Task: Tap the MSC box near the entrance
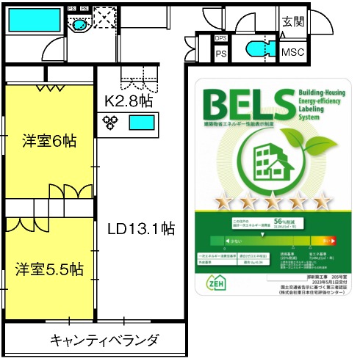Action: point(294,53)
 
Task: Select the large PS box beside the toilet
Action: point(220,54)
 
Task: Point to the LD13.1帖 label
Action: point(142,228)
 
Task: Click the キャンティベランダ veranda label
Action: point(104,340)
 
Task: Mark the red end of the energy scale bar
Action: point(327,240)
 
